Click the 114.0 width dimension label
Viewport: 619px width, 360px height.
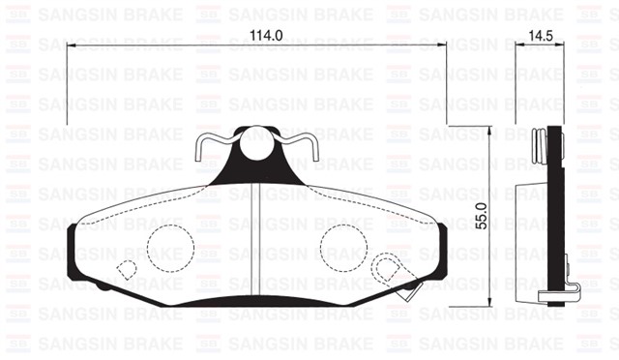[253, 36]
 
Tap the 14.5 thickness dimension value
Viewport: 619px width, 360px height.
[539, 36]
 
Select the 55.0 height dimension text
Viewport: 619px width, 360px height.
[482, 225]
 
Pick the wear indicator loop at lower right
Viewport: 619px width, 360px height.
[387, 268]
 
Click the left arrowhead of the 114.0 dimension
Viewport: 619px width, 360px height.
[70, 45]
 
